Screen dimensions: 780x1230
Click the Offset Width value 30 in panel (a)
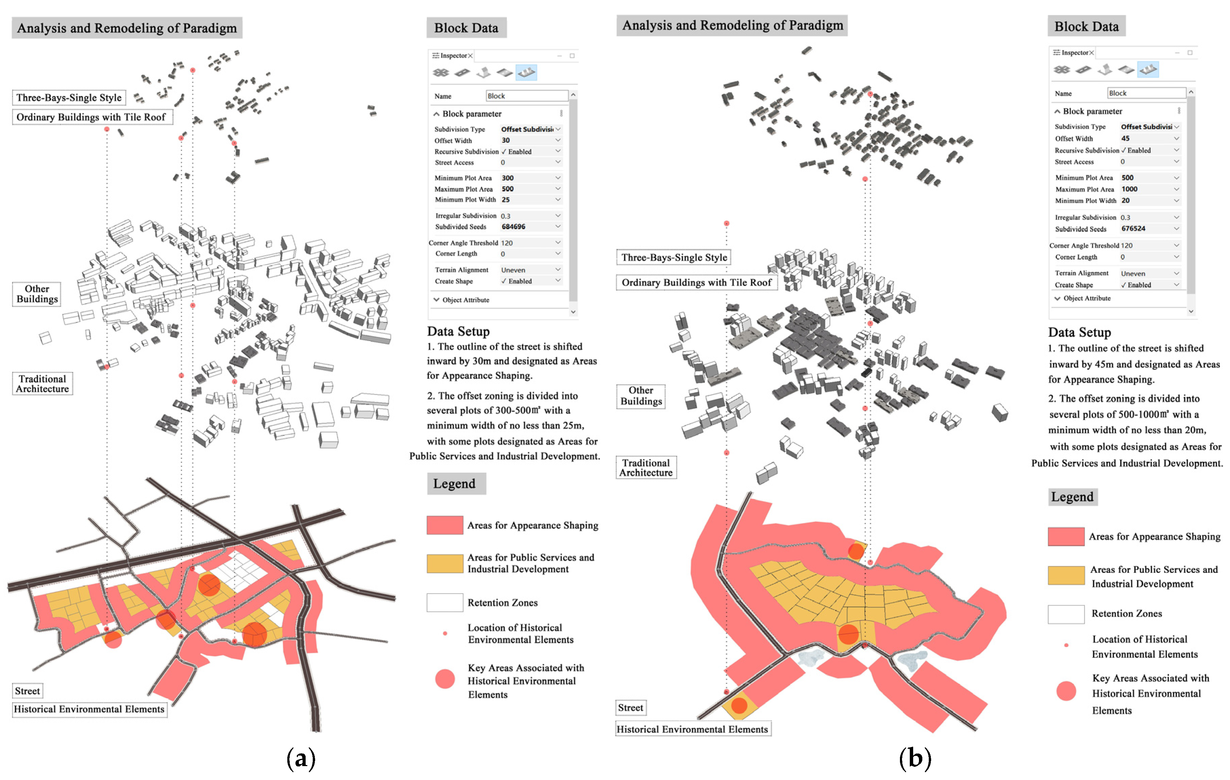pyautogui.click(x=506, y=140)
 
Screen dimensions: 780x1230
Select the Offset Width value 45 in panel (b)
pyautogui.click(x=1125, y=138)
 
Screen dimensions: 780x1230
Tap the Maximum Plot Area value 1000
pyautogui.click(x=1129, y=189)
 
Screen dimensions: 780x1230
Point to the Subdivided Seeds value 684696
pyautogui.click(x=513, y=227)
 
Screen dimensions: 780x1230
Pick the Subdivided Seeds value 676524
pyautogui.click(x=1133, y=229)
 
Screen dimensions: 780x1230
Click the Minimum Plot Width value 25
pyautogui.click(x=506, y=200)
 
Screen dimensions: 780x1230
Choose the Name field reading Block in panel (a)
pyautogui.click(x=526, y=96)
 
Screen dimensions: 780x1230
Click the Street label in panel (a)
pyautogui.click(x=27, y=691)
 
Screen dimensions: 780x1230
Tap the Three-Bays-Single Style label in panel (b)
pyautogui.click(x=674, y=258)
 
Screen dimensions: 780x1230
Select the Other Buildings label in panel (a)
pyautogui.click(x=37, y=294)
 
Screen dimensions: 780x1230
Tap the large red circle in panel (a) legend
pyautogui.click(x=445, y=679)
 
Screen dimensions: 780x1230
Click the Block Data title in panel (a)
pyautogui.click(x=466, y=28)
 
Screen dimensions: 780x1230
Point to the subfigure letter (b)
pyautogui.click(x=915, y=759)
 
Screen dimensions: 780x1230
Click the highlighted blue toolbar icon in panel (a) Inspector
pyautogui.click(x=526, y=73)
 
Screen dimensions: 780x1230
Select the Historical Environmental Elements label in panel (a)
pyautogui.click(x=90, y=709)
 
